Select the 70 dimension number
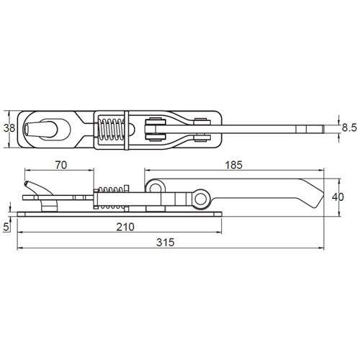pos(60,166)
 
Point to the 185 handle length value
pos(233,166)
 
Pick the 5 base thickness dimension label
pos(7,225)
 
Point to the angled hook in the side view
pos(32,188)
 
